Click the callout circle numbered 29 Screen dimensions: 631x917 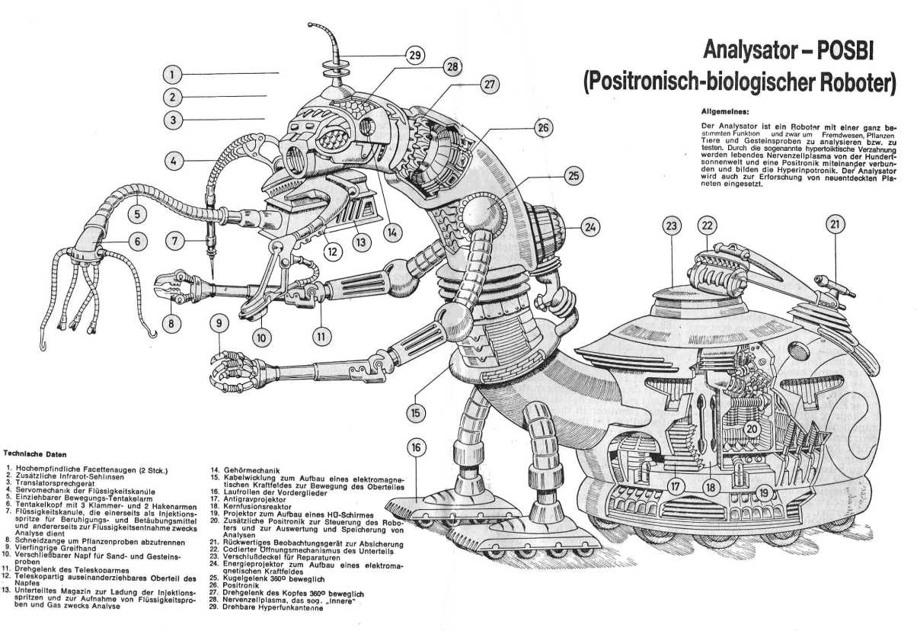point(414,55)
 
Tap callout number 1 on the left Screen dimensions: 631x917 point(174,74)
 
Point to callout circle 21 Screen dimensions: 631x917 point(836,224)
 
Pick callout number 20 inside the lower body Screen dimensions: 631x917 point(752,429)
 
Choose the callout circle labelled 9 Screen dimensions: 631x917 point(220,323)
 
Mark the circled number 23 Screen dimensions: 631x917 point(671,226)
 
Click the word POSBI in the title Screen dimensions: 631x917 point(843,53)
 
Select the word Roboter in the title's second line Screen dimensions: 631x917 point(848,82)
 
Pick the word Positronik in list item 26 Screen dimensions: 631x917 point(241,585)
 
